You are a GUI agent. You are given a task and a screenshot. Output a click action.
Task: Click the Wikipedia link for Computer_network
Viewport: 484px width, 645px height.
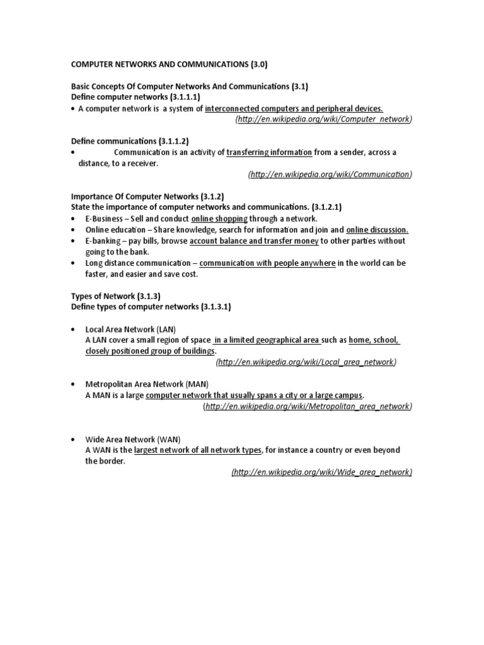tap(323, 119)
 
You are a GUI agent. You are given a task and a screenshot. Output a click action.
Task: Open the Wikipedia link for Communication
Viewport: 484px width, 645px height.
tap(330, 174)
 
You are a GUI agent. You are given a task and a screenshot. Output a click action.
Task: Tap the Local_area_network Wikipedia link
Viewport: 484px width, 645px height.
tap(306, 362)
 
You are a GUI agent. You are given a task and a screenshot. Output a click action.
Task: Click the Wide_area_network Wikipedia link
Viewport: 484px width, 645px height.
tap(322, 472)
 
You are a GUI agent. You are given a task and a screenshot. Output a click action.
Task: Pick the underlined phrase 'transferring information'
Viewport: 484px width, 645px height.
tap(268, 152)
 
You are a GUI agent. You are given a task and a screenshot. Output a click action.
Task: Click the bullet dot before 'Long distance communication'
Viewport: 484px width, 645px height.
tap(74, 263)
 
